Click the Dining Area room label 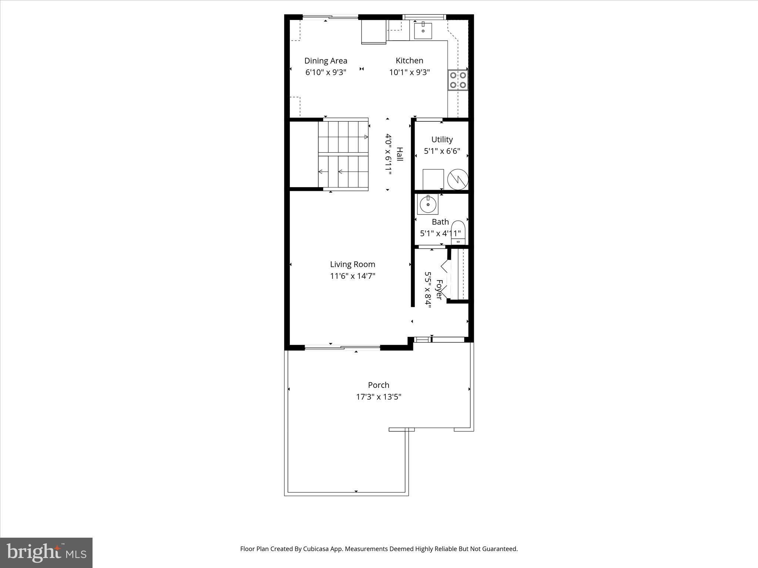326,61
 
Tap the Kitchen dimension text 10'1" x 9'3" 409,72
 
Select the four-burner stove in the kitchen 458,80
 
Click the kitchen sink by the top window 423,30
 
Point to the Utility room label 442,139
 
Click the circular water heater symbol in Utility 458,179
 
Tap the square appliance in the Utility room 433,179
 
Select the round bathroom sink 428,204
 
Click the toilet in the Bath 458,232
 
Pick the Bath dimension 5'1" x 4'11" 440,233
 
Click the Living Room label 352,264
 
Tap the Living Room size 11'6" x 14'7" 352,276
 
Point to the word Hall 400,154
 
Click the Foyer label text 439,290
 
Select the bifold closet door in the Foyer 445,279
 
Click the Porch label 378,385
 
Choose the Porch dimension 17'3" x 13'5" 378,397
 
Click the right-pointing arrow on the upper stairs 365,137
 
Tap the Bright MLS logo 46,552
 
